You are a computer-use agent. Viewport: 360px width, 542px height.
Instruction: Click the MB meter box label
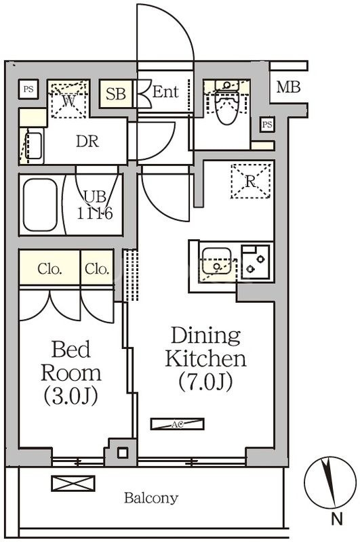tap(288, 87)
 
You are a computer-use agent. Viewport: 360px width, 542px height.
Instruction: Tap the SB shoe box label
tap(116, 93)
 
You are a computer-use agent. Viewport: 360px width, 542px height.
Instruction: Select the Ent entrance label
tap(165, 92)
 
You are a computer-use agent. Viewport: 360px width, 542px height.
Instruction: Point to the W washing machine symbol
tap(69, 99)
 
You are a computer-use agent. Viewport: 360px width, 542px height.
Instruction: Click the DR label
tap(87, 142)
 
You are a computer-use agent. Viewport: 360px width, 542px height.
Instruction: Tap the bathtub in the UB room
tap(40, 205)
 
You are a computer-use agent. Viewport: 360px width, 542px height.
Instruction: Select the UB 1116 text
tap(95, 205)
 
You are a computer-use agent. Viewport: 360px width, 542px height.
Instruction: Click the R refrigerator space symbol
tap(250, 182)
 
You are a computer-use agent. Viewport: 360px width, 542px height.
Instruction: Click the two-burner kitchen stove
tap(255, 262)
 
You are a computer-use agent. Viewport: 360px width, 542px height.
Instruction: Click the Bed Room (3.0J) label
tap(71, 373)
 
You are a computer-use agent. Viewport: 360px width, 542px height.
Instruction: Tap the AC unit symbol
tap(178, 424)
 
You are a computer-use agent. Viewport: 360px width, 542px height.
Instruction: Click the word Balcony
tap(151, 498)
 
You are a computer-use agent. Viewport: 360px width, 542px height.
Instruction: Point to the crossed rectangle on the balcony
tap(73, 483)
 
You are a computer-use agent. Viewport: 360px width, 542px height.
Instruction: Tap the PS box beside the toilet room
tap(267, 124)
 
